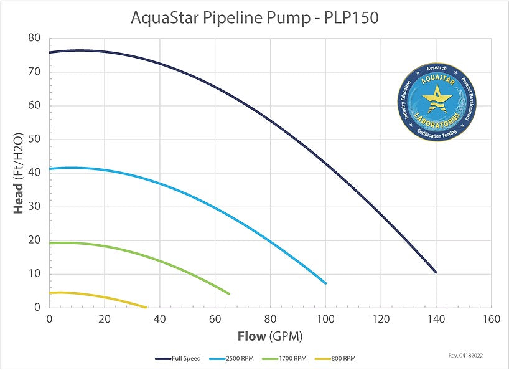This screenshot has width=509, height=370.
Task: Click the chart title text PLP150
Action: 351,17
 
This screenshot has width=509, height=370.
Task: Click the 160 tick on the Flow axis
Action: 491,319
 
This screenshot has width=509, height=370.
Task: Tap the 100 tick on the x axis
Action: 325,319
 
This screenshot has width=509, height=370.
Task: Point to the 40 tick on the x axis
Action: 160,319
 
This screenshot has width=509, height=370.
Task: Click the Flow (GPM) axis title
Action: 269,337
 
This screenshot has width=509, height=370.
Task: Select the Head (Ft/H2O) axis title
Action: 19,173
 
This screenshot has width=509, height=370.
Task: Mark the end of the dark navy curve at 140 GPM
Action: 436,272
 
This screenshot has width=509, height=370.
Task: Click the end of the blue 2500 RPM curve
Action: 325,283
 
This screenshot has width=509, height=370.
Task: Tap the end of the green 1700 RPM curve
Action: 229,293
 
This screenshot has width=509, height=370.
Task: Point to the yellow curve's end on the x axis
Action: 147,307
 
